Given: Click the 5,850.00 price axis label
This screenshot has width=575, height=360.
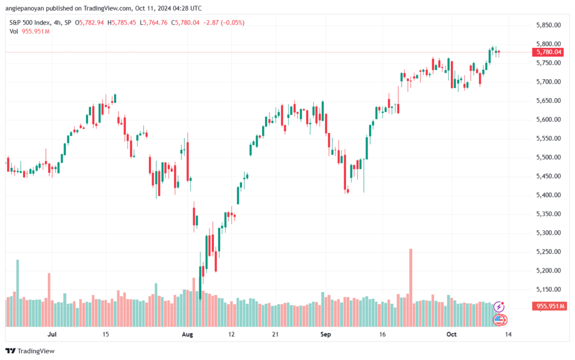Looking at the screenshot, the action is [548, 25].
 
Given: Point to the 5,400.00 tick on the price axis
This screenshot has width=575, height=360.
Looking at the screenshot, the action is [548, 195].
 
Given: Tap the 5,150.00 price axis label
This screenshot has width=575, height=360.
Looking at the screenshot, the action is [548, 289].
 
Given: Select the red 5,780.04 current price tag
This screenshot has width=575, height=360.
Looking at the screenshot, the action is [548, 52].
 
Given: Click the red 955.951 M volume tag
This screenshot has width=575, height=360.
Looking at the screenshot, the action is [548, 306].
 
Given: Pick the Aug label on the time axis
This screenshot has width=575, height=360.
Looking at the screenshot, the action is [188, 334].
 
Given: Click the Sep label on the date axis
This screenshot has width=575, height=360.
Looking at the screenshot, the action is [326, 334].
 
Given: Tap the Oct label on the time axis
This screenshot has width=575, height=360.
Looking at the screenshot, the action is [451, 334].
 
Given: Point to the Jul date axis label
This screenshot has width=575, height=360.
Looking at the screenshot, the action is [52, 334].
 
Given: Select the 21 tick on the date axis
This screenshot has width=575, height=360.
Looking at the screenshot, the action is [275, 334].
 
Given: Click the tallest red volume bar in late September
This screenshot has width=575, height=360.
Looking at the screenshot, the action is [410, 288].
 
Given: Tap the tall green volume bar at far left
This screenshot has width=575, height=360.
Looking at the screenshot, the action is [17, 293].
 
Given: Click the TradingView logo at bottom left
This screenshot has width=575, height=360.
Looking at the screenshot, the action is [30, 351].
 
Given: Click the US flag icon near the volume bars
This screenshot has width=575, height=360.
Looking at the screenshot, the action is [499, 320].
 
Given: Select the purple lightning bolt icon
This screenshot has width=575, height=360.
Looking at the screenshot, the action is [499, 307].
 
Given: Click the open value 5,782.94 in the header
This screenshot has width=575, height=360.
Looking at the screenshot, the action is [92, 22].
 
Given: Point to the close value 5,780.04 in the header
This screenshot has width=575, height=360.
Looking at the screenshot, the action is [187, 22].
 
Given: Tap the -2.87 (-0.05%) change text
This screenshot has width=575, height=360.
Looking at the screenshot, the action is [223, 22].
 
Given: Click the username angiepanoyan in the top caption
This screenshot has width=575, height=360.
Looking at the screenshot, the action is [24, 8].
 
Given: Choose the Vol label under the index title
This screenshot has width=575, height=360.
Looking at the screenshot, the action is [14, 31].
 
